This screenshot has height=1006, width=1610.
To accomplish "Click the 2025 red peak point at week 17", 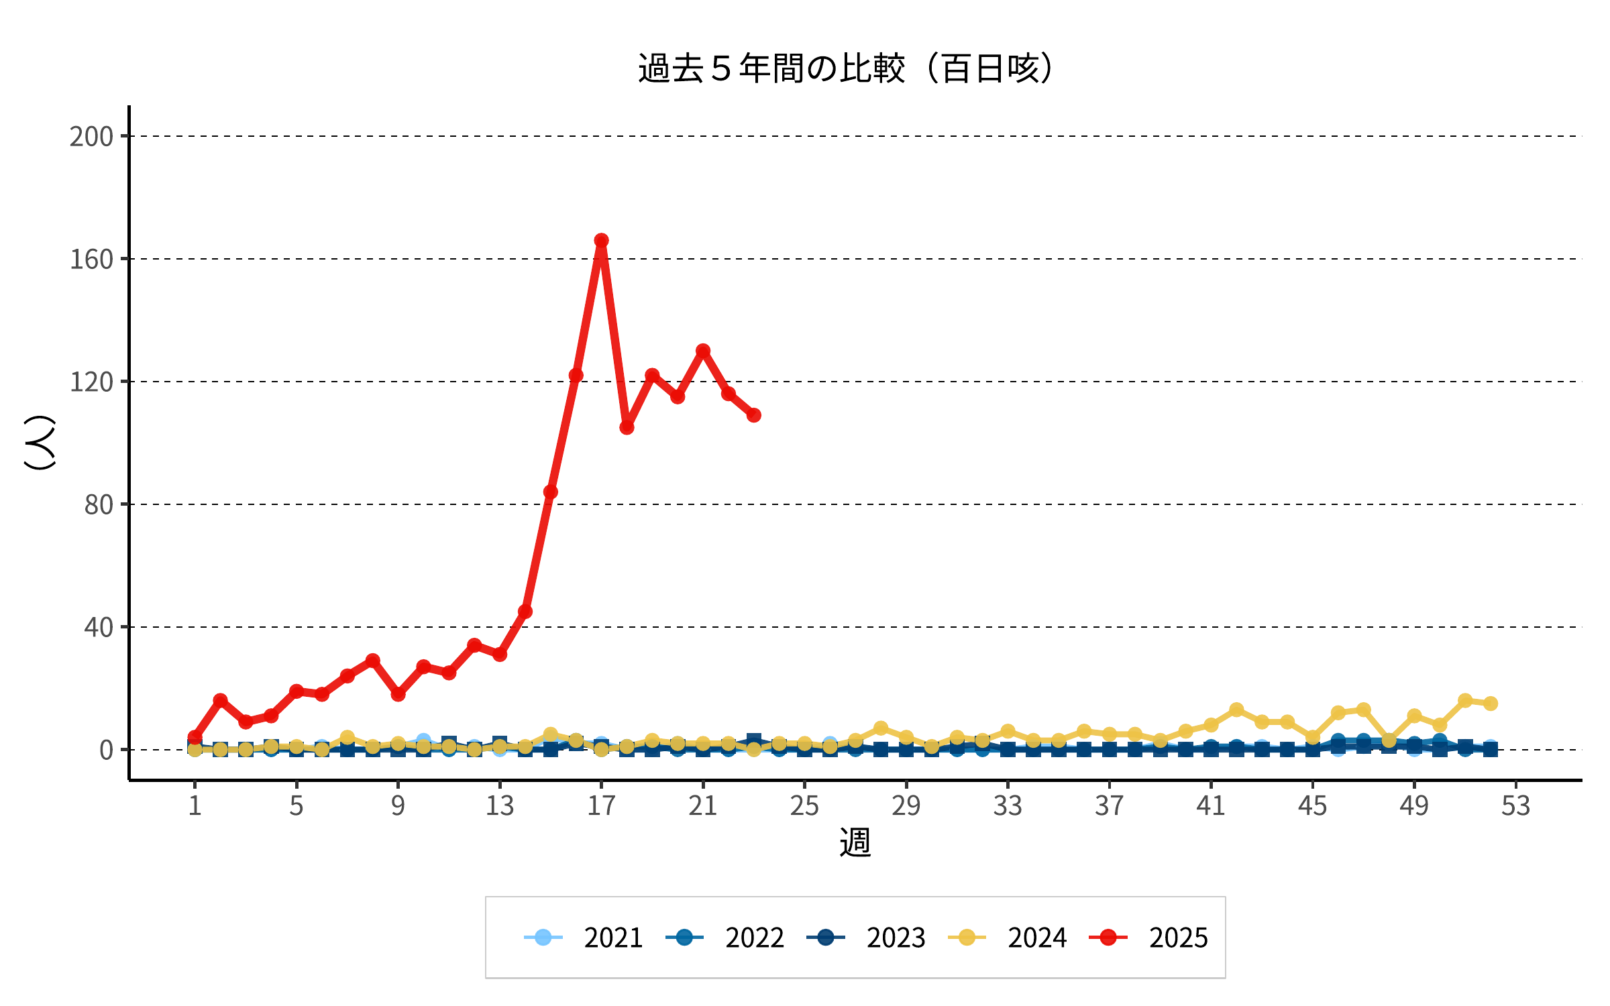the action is tap(601, 240).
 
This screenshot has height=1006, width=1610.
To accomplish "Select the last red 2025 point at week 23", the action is tap(754, 415).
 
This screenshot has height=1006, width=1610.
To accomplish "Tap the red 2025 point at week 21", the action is tap(703, 351).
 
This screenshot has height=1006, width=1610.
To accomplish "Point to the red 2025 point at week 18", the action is tap(627, 427).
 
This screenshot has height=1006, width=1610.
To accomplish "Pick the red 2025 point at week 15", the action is tap(551, 492).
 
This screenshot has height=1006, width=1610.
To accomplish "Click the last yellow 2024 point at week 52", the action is tap(1491, 704).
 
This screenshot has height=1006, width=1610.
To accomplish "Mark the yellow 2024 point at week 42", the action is tap(1236, 710).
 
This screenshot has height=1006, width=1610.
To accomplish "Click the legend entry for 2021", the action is tap(584, 937).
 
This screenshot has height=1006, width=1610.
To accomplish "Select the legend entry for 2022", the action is tap(725, 937).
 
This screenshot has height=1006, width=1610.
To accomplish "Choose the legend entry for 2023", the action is tap(866, 937).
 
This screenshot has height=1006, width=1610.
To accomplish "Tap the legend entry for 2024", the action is tap(1008, 937).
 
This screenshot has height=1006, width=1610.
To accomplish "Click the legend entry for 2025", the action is tap(1148, 937).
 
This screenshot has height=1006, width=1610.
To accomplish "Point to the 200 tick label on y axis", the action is tap(91, 137).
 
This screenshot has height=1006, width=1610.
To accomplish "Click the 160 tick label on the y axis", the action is tap(91, 260).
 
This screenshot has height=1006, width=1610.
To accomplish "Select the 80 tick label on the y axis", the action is tap(99, 505).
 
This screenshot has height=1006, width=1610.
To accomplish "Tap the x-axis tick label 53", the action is tap(1516, 805).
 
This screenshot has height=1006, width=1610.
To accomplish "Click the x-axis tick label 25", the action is tap(804, 805).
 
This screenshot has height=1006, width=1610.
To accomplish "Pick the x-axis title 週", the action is tap(855, 842).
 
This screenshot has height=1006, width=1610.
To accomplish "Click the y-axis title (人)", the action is tap(40, 443).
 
